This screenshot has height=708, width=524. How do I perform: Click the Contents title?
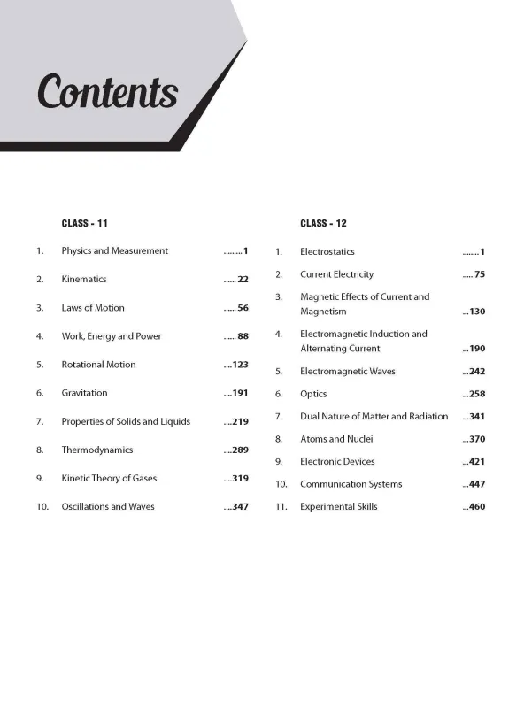click(107, 92)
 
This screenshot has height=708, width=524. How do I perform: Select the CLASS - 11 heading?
click(84, 223)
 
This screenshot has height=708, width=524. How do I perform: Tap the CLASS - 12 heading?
click(323, 223)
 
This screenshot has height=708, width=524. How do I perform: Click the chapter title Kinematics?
click(84, 280)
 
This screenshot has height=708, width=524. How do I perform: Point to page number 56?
click(243, 308)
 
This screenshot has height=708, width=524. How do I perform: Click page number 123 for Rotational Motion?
click(240, 365)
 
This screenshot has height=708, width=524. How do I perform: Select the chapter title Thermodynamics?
click(97, 450)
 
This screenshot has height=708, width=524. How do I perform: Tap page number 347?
click(240, 507)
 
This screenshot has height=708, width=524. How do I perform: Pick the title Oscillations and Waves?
click(108, 507)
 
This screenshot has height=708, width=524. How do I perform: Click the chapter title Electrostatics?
click(327, 252)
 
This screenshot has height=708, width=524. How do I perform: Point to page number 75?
click(480, 274)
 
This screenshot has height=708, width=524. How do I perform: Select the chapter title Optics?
click(313, 394)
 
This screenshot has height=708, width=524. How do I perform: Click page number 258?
click(477, 394)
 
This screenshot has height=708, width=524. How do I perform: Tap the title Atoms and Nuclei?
click(336, 439)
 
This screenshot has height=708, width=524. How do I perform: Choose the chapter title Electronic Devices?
click(337, 462)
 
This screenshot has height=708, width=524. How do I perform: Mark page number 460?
click(477, 507)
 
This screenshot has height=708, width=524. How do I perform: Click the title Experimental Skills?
click(339, 507)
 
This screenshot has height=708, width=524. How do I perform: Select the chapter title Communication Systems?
click(351, 484)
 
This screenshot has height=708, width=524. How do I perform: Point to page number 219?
click(240, 422)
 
